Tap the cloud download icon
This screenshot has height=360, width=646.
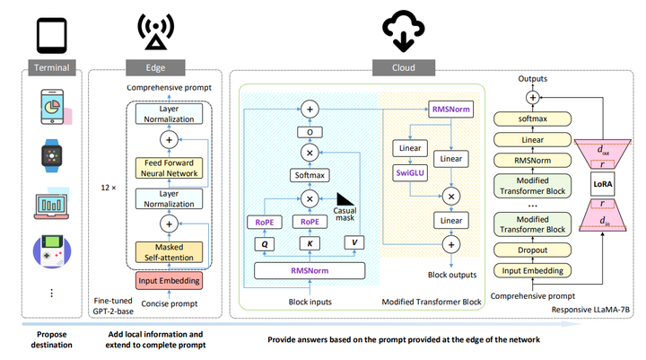[399, 32]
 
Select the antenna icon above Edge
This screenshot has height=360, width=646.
[155, 32]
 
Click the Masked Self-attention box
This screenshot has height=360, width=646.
[169, 252]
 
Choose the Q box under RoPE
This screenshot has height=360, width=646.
[265, 241]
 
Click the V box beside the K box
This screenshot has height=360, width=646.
[355, 241]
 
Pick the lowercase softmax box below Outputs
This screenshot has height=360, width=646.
[532, 118]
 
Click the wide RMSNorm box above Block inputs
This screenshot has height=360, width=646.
[310, 270]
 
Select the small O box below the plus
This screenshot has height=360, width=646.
[310, 131]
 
